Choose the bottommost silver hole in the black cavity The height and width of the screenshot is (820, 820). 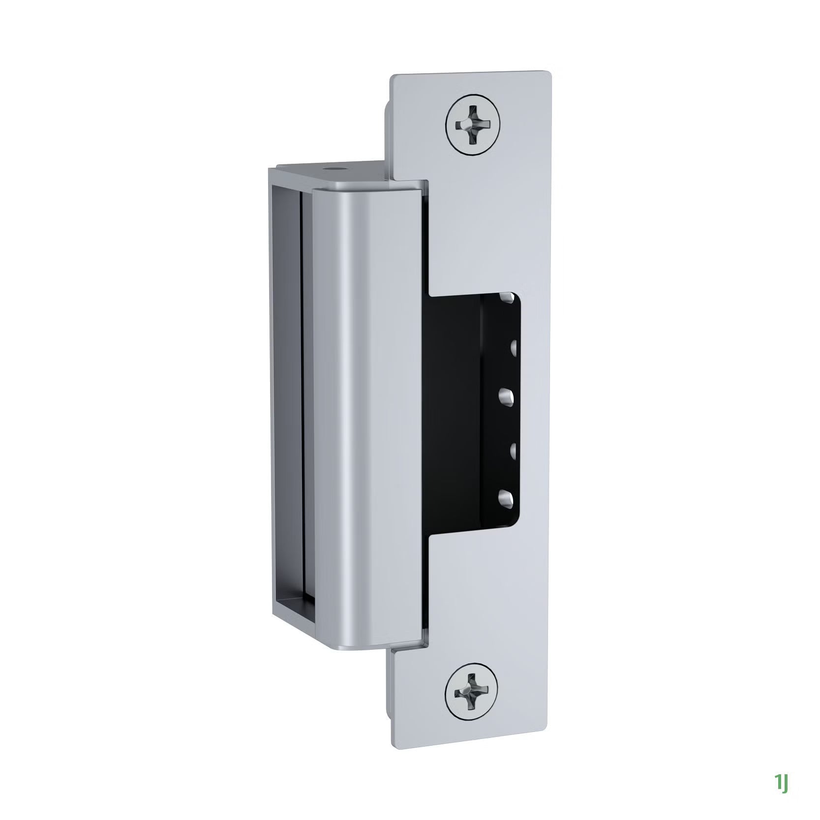(x=507, y=498)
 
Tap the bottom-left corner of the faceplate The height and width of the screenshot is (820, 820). (x=394, y=740)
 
